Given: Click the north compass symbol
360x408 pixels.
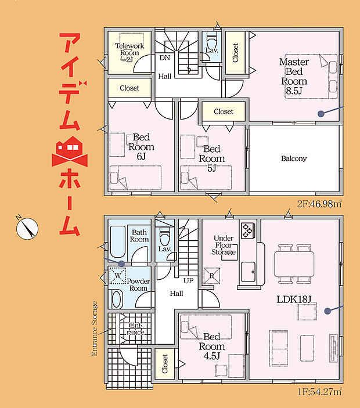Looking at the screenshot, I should pos(27,228).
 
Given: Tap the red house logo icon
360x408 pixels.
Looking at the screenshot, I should pos(69,149).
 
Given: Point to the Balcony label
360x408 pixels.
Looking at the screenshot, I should pos(293,158).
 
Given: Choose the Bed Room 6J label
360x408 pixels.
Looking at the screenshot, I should pos(141,147).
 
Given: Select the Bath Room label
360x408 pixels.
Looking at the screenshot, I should pos(139,235).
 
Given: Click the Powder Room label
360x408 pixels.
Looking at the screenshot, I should pos(138,284).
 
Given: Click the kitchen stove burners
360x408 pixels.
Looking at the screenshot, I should pos(248,230).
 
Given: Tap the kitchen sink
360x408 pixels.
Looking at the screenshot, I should pos(249,270).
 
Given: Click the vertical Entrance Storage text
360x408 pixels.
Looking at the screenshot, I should pos(95,328).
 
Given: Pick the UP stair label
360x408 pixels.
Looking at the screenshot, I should pos(188,280).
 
